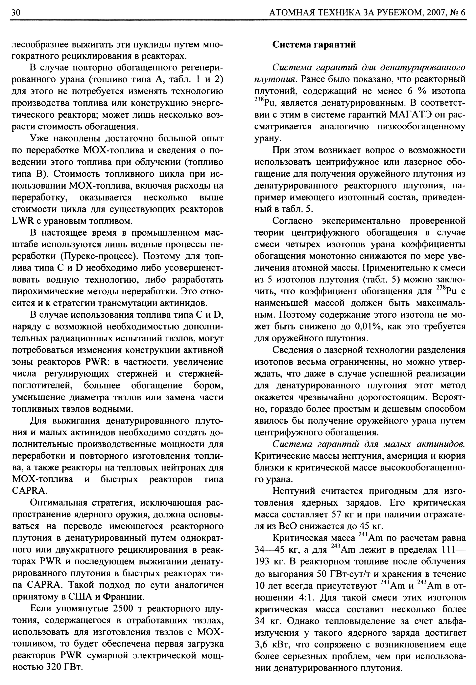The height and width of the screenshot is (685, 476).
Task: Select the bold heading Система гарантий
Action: coord(314,45)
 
